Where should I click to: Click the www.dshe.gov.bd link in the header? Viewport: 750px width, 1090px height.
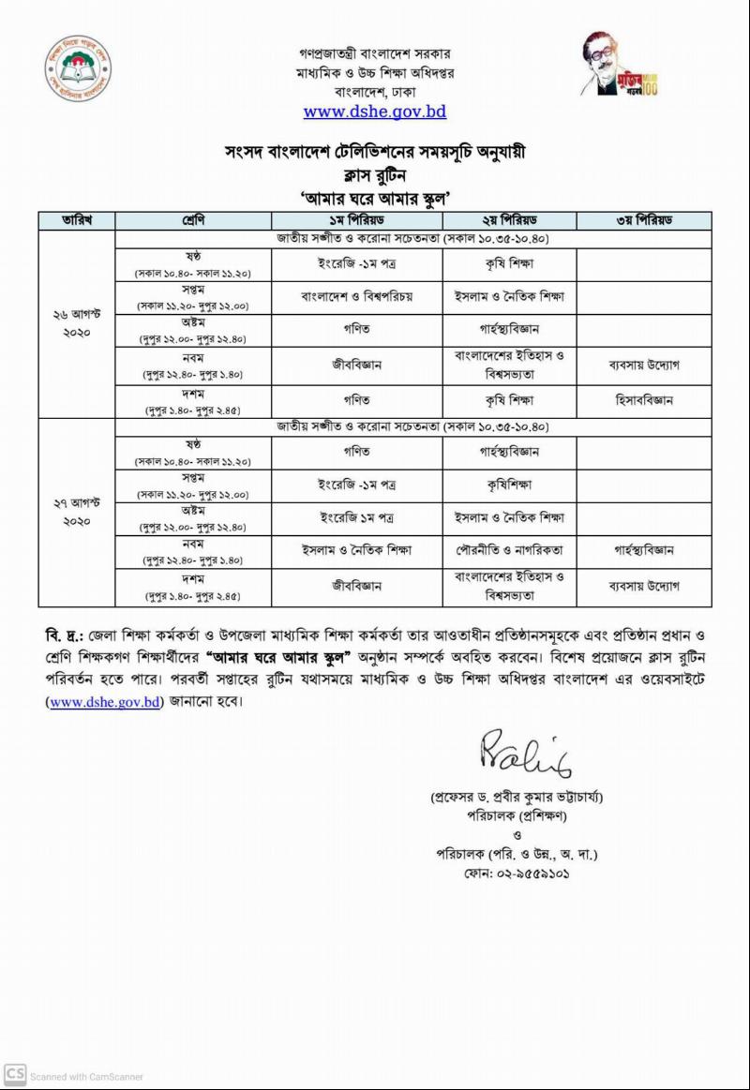click(x=374, y=112)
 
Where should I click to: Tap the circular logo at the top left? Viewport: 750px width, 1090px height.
click(x=78, y=70)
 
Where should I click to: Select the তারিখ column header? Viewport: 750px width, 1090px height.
click(x=76, y=220)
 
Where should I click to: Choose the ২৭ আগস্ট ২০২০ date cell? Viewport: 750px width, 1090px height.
click(x=76, y=513)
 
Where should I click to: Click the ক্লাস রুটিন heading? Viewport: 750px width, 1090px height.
click(x=375, y=173)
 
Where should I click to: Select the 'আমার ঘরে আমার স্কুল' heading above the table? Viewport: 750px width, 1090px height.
click(x=375, y=197)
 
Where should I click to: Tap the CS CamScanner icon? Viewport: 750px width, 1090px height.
click(x=14, y=1074)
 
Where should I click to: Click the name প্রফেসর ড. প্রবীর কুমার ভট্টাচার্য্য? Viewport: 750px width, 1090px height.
click(x=517, y=798)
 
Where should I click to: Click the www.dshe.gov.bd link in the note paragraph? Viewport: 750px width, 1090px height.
click(x=105, y=700)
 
